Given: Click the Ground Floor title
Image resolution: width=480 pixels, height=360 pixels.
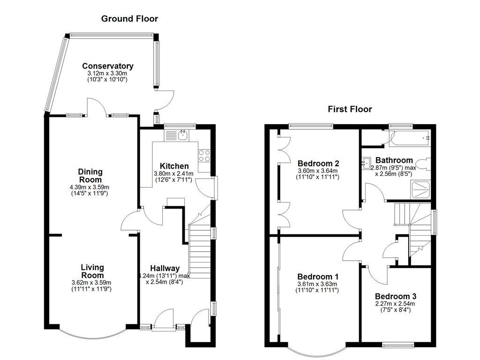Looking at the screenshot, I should coord(129,19).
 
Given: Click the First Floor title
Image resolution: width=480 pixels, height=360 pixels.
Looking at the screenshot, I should coord(350,109).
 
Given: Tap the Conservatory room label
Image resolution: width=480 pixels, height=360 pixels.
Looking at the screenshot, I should coord(107,66).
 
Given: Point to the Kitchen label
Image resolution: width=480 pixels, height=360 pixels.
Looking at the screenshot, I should coord(174,166).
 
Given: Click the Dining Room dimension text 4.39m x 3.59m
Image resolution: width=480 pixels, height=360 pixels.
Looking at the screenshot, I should coord(90,187).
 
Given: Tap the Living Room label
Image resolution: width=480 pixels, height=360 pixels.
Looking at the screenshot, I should coord(91,271).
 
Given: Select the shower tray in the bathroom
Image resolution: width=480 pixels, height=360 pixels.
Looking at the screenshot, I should coord(420,189).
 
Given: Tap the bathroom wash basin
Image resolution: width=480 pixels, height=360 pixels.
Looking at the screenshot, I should coord(367,164).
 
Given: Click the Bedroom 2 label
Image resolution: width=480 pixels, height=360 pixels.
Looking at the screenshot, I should coord(318,163).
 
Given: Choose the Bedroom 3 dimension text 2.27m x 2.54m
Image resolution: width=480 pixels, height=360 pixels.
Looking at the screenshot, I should coord(395,304).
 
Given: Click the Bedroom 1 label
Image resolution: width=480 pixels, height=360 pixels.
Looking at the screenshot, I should coord(318,277).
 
